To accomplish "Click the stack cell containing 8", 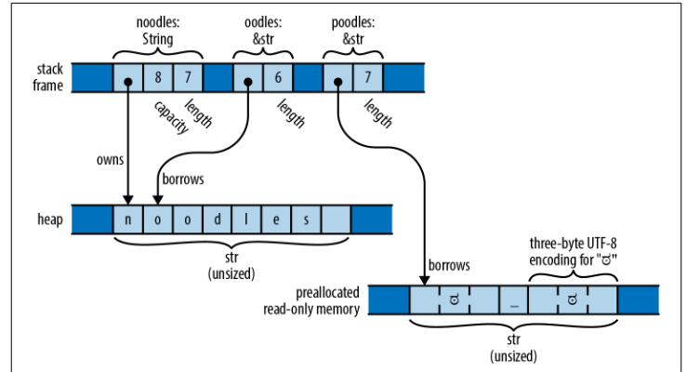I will pyautogui.click(x=158, y=76).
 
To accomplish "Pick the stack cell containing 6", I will pyautogui.click(x=278, y=76).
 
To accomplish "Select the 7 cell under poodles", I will pyautogui.click(x=368, y=76).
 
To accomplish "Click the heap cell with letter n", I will pyautogui.click(x=127, y=220).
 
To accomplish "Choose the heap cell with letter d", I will pyautogui.click(x=217, y=220).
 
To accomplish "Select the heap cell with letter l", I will pyautogui.click(x=246, y=220).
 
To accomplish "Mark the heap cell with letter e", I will pyautogui.click(x=276, y=220).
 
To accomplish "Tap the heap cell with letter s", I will pyautogui.click(x=306, y=220).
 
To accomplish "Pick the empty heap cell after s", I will pyautogui.click(x=336, y=220).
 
